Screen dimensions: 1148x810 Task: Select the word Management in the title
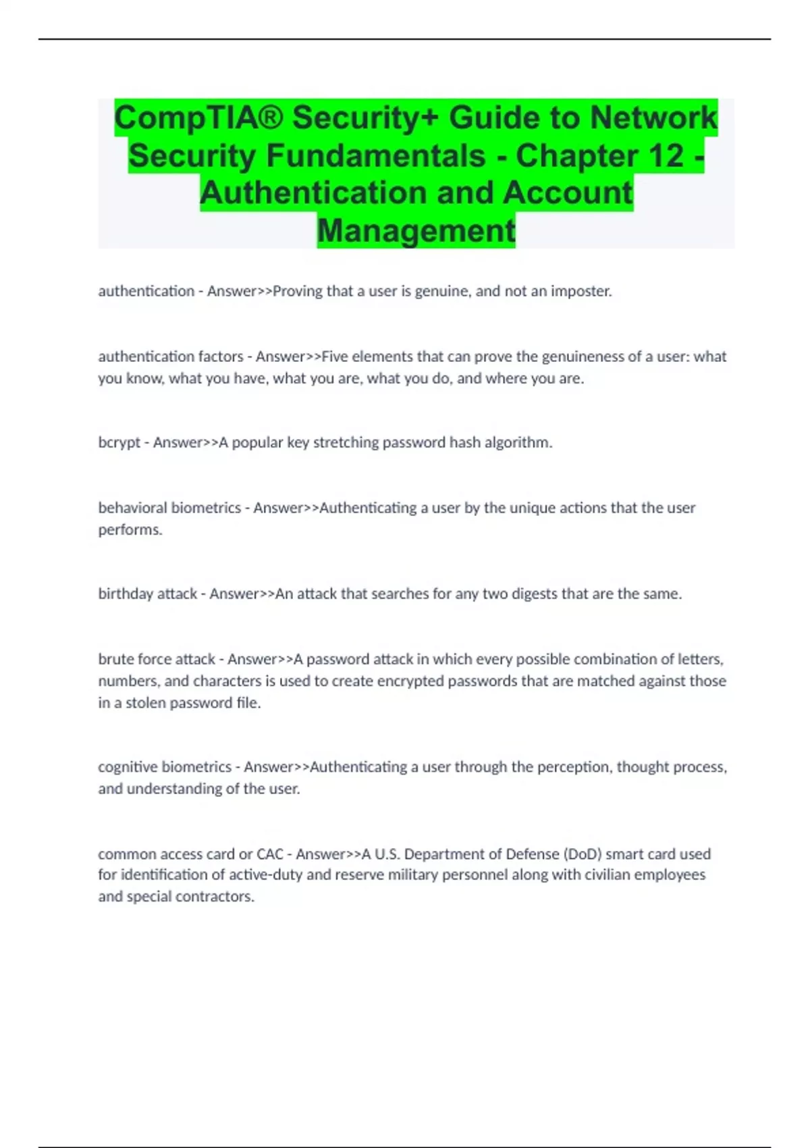pyautogui.click(x=416, y=230)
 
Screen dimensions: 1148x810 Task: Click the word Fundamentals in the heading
pyautogui.click(x=375, y=155)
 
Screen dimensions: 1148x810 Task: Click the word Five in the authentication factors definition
pyautogui.click(x=335, y=356)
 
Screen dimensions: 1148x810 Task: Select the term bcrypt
pyautogui.click(x=119, y=442)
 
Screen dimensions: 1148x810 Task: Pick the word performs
pyautogui.click(x=130, y=529)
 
